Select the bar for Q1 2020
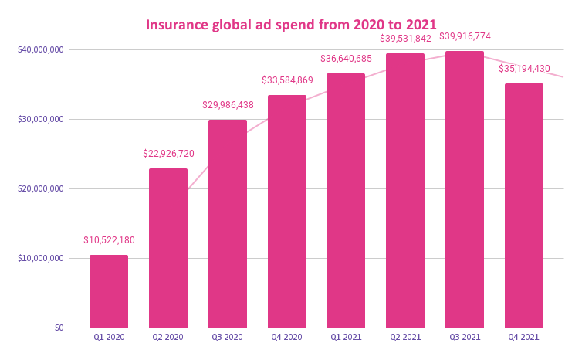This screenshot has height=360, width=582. pyautogui.click(x=109, y=291)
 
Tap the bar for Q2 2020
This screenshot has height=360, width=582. pyautogui.click(x=168, y=248)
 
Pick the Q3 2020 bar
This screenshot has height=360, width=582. pyautogui.click(x=228, y=224)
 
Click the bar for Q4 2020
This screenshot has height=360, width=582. pyautogui.click(x=287, y=212)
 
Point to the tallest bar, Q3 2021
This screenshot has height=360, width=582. pyautogui.click(x=465, y=189)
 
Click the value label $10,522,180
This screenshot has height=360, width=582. pyautogui.click(x=109, y=240)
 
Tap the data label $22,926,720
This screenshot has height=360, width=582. pyautogui.click(x=168, y=154)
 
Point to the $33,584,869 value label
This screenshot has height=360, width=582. pyautogui.click(x=287, y=80)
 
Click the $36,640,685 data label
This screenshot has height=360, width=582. pyautogui.click(x=347, y=59)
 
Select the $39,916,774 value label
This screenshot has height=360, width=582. pyautogui.click(x=465, y=36)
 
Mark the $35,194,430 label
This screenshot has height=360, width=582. pyautogui.click(x=524, y=68)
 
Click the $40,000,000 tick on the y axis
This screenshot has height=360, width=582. pyautogui.click(x=39, y=49)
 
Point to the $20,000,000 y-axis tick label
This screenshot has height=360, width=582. pyautogui.click(x=39, y=188)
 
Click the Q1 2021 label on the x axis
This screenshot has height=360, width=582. pyautogui.click(x=347, y=338)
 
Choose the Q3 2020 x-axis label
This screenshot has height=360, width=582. pyautogui.click(x=228, y=338)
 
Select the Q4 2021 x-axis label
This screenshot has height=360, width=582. pyautogui.click(x=524, y=338)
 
